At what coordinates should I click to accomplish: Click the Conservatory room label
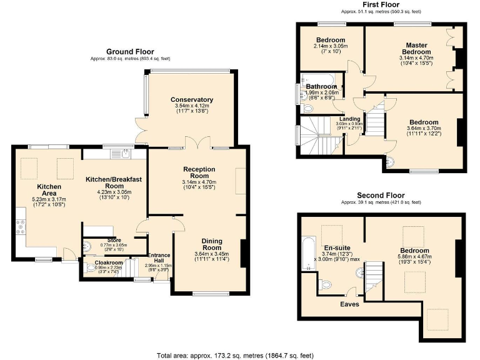click(192, 100)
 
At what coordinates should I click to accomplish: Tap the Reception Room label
click(199, 173)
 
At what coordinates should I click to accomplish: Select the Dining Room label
click(211, 244)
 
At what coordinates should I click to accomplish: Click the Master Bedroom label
click(416, 49)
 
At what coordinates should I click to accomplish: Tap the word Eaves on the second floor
click(349, 304)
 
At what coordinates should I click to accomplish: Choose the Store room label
click(113, 239)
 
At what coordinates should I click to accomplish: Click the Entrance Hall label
click(159, 258)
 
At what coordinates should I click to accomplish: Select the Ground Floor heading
click(130, 52)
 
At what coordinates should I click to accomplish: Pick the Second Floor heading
click(381, 196)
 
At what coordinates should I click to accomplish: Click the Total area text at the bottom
click(235, 355)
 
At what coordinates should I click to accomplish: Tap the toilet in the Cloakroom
click(91, 269)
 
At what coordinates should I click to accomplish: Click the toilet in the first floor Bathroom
click(307, 108)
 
